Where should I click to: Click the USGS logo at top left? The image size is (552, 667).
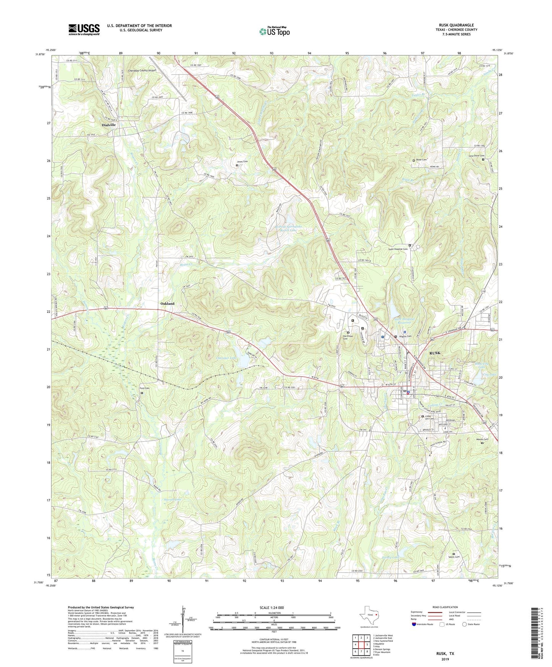(x=84, y=29)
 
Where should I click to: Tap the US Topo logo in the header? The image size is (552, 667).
(x=274, y=31)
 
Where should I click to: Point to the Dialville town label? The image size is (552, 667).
(x=109, y=125)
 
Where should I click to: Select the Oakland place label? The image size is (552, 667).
(x=167, y=303)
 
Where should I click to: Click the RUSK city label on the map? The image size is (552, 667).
(x=437, y=353)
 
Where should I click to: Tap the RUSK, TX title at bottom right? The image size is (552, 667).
(x=445, y=654)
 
